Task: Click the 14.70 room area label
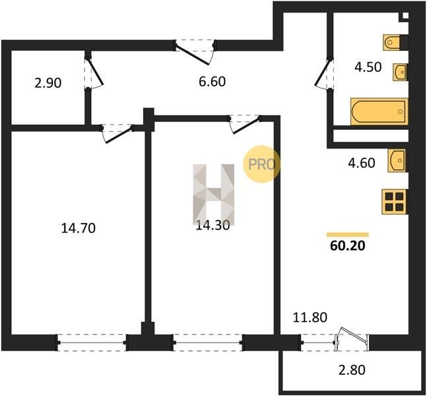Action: tap(79, 228)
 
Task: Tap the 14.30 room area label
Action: tap(213, 225)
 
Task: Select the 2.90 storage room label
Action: tap(48, 82)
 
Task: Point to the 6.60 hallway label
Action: tap(212, 81)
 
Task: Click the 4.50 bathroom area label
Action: tap(368, 67)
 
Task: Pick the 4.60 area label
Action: tap(362, 163)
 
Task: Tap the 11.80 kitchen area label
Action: tap(310, 317)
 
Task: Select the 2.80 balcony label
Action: tap(352, 370)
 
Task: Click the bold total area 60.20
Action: tap(348, 246)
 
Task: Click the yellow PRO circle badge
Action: tap(262, 164)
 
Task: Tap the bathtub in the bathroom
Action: tap(379, 112)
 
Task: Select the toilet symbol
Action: tap(393, 42)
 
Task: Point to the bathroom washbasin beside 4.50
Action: tap(400, 72)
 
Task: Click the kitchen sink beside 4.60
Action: tap(397, 160)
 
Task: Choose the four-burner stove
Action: tap(394, 202)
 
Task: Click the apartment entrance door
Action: tap(194, 53)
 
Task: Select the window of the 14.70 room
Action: tap(92, 343)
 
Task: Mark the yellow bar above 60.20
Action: tap(348, 235)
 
